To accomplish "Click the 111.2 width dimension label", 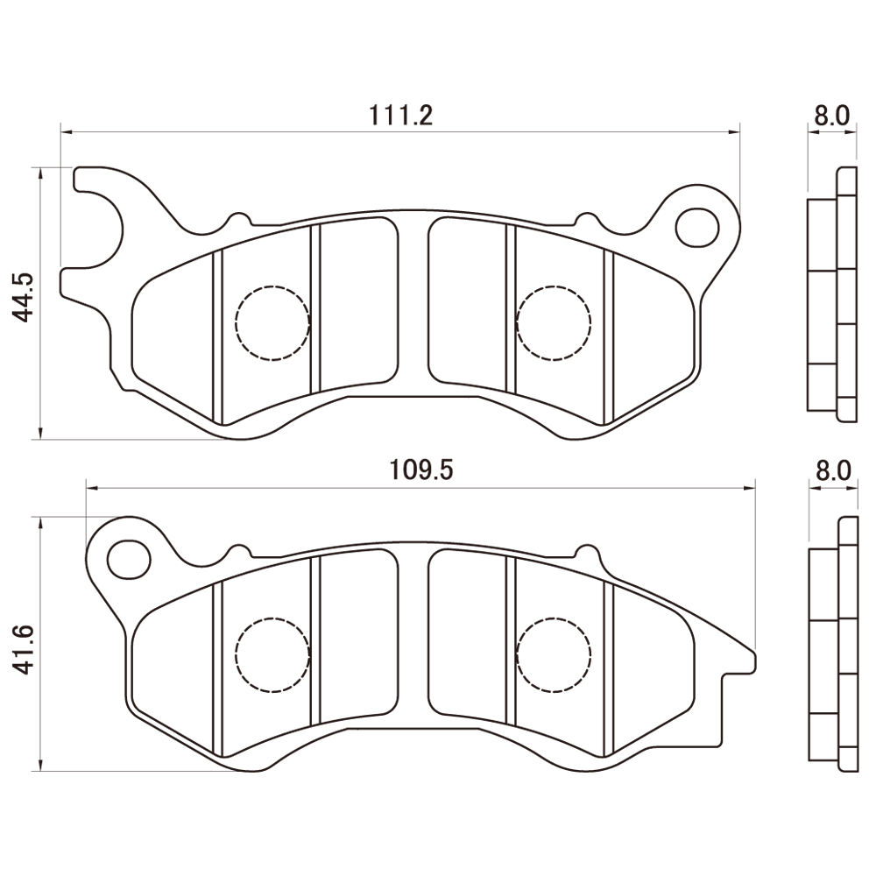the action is [x=400, y=116].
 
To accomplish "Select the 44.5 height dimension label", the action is [x=24, y=299].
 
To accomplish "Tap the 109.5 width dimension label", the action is [x=420, y=470].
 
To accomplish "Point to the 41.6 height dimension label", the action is [x=24, y=649].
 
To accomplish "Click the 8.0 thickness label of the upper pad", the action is [x=831, y=116].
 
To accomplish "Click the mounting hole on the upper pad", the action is [x=696, y=228].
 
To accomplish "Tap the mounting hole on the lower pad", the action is [x=129, y=560].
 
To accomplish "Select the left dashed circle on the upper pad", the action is [x=272, y=323].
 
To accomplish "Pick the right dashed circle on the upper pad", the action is [x=554, y=323].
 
